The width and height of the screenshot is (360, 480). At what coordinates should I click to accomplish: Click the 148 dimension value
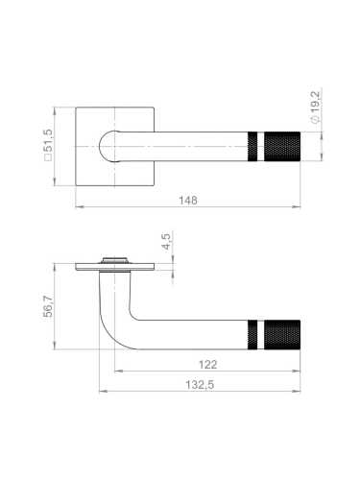click(188, 201)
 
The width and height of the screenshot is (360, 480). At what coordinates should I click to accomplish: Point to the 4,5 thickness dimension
click(167, 242)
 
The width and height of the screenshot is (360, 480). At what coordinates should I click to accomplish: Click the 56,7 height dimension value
click(48, 306)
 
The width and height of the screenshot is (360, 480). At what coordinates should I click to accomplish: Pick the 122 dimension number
click(207, 365)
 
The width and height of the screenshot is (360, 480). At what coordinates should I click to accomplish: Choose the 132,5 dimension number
click(200, 385)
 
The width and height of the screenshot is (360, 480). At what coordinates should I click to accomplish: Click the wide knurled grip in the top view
click(282, 146)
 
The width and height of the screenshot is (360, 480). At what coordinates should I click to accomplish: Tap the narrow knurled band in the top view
click(252, 146)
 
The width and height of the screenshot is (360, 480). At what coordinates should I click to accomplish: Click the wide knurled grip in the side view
click(282, 334)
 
